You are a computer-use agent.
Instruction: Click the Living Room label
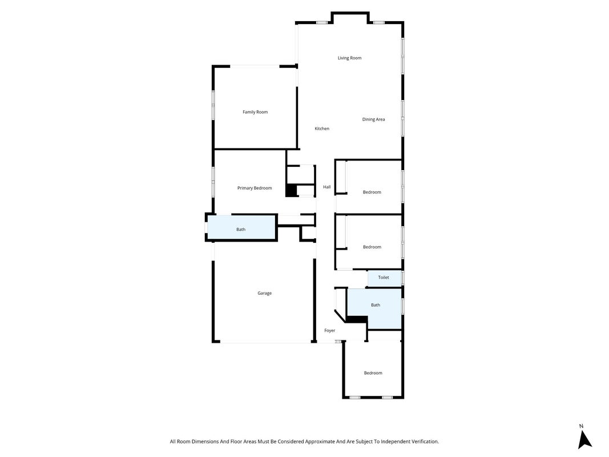coord(349,58)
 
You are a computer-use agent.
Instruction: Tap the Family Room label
coord(255,112)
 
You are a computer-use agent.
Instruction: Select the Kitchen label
coord(322,129)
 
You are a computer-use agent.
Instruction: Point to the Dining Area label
coord(374,119)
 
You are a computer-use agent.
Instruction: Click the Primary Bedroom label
coord(255,188)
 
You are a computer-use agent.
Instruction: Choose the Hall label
coord(327,187)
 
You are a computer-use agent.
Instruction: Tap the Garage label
coord(264,294)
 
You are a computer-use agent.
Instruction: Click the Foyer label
coord(330,331)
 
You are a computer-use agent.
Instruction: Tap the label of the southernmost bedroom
coord(373,373)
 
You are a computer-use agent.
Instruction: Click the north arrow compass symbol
coord(584,440)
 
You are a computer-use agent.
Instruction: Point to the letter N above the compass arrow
coord(582,426)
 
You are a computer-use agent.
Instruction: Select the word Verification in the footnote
coord(425,442)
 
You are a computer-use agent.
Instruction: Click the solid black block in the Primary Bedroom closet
coord(291,190)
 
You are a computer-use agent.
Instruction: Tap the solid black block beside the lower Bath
coord(357,319)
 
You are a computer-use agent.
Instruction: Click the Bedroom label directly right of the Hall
coord(372,192)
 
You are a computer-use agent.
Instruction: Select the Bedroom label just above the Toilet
coord(372,247)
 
